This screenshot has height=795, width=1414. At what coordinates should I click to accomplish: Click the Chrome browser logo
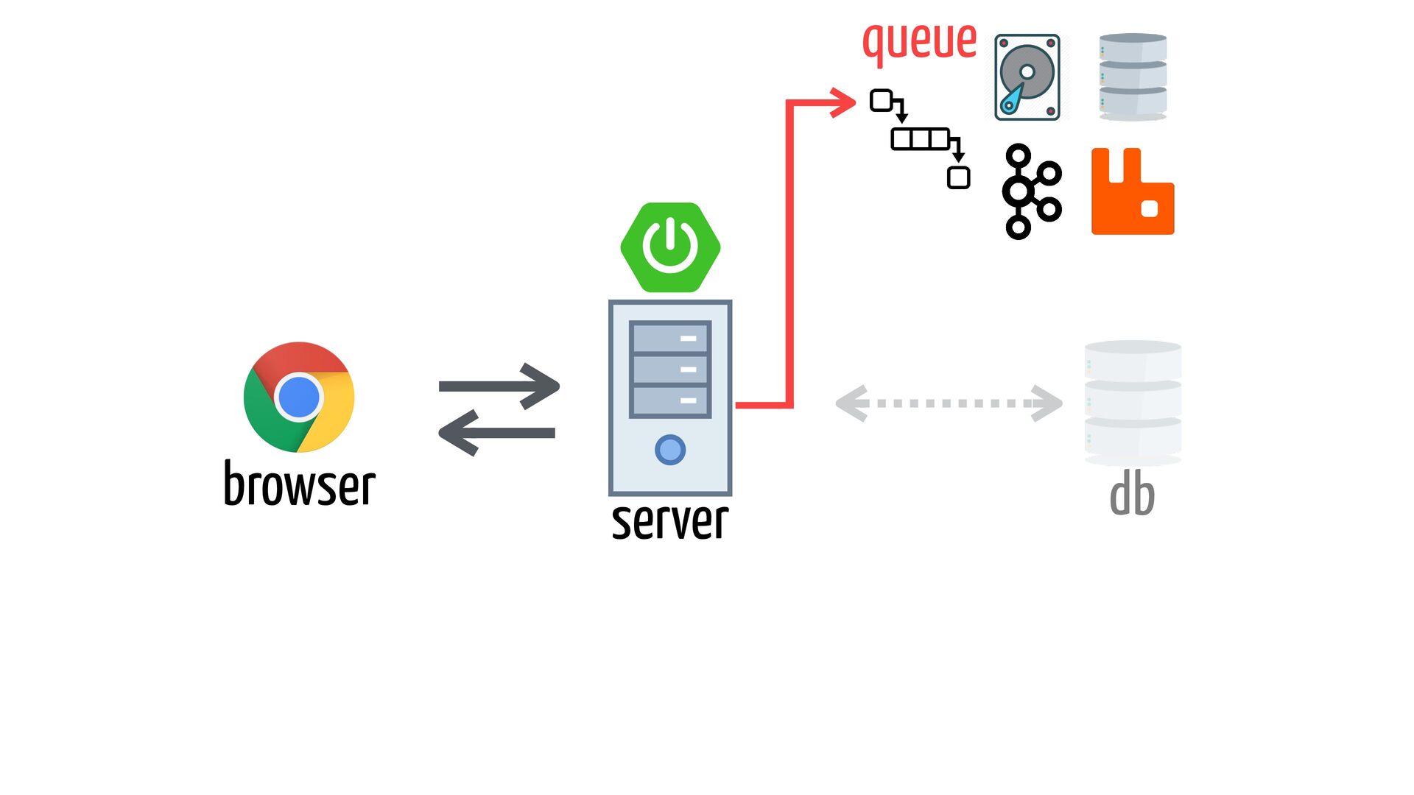[299, 397]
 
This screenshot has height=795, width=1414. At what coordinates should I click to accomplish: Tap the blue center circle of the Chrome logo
[299, 397]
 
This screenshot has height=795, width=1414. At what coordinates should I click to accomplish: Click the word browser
[299, 484]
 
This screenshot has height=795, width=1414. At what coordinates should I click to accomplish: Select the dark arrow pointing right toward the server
[499, 386]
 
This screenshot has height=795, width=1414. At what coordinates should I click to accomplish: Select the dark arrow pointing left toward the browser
[496, 433]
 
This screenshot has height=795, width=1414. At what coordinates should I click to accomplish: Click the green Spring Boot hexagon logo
[670, 247]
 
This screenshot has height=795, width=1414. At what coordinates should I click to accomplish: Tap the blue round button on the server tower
[670, 450]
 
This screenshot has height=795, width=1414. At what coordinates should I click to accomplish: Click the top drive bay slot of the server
[670, 338]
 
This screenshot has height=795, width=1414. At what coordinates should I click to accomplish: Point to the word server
[670, 521]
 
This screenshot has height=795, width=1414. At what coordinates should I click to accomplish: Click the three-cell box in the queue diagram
[921, 139]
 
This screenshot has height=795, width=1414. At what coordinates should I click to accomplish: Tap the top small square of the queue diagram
[882, 100]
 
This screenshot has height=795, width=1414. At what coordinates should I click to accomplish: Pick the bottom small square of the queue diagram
[958, 177]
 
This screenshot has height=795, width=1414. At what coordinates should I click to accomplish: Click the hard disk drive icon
[1027, 77]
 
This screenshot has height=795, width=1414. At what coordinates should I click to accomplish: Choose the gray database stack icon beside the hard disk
[1133, 77]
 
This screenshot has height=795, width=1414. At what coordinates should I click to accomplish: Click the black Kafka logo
[1032, 191]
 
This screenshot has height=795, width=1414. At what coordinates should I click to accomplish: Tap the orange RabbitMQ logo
[1133, 191]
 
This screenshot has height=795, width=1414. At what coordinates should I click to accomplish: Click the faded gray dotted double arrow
[949, 403]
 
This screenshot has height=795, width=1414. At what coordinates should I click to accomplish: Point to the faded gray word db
[1133, 495]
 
